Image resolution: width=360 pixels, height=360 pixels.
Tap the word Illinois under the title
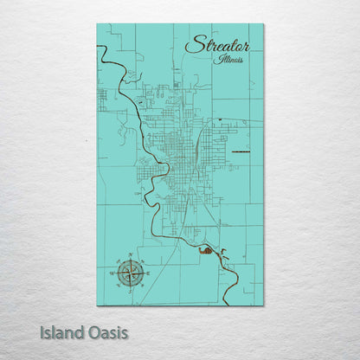tap(230, 60)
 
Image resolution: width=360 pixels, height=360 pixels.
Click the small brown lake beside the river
tap(207, 251)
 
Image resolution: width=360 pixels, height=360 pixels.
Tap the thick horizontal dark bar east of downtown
tap(238, 152)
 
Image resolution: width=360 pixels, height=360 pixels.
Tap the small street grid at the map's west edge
tap(102, 100)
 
